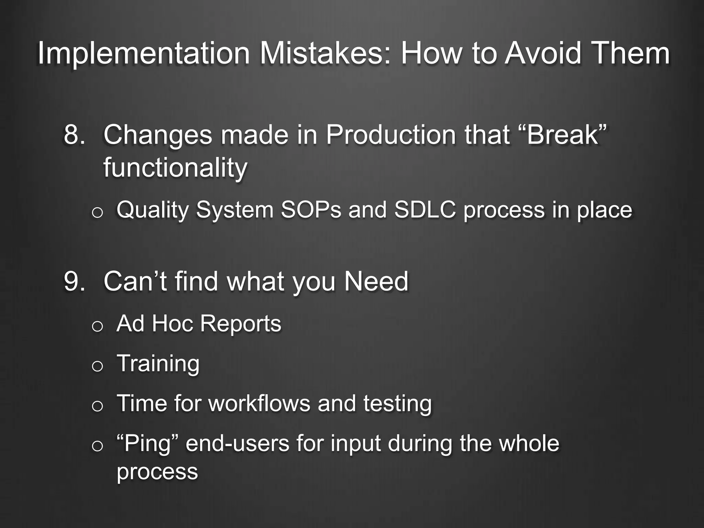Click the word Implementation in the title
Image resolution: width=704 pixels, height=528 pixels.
coord(144,54)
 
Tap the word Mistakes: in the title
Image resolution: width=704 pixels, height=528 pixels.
coord(325,54)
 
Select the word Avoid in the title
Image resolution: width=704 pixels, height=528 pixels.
coord(543,54)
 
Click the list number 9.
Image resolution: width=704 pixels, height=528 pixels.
coord(74,282)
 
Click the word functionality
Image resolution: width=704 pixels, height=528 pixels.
coord(175,168)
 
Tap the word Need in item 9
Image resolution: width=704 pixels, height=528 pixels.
coord(376,282)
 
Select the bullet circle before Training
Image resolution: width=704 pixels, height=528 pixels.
coord(97,366)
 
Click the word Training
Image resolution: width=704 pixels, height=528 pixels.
coord(158,364)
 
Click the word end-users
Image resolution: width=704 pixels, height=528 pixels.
coord(238,443)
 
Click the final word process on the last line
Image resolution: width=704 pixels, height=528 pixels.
coord(157,472)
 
